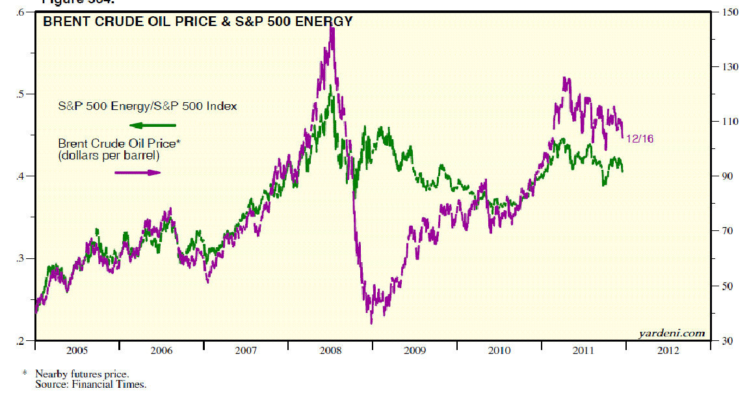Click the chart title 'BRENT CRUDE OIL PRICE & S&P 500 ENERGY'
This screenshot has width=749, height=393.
tap(198, 21)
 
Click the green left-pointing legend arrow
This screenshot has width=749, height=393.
tap(152, 125)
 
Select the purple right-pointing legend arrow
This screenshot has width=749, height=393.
tap(137, 172)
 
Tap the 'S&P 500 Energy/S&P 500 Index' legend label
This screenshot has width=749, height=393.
tap(146, 106)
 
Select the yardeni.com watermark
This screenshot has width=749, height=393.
tap(671, 333)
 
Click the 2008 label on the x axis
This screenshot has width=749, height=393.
tap(330, 351)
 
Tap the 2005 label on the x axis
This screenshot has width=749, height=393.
tap(77, 351)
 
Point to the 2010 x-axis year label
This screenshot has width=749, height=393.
tap(499, 351)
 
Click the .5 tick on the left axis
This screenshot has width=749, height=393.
tap(22, 94)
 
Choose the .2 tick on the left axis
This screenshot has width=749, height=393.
tap(22, 340)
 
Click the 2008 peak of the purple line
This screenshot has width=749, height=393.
tap(332, 29)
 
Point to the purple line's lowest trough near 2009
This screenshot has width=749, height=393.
tap(371, 322)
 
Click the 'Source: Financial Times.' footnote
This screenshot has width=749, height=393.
tap(91, 384)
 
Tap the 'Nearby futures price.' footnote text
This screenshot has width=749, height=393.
tap(82, 374)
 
